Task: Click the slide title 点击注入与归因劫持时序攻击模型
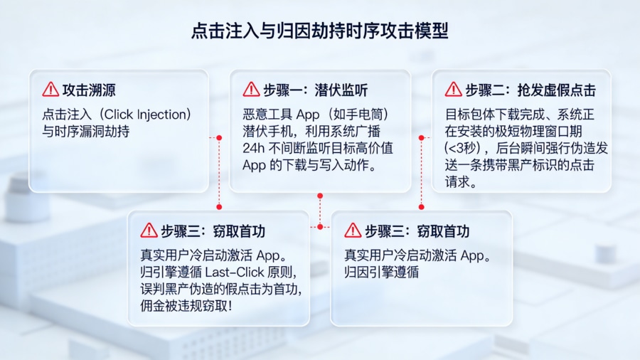(320, 31)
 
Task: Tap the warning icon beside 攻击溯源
(50, 90)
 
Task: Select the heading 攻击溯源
(89, 90)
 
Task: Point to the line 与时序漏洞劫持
(85, 131)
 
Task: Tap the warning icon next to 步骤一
(251, 90)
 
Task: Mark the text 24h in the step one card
(253, 148)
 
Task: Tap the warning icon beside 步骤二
(454, 90)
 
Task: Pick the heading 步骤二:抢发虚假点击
(530, 90)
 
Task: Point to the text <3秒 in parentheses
(462, 148)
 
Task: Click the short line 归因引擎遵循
(381, 272)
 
